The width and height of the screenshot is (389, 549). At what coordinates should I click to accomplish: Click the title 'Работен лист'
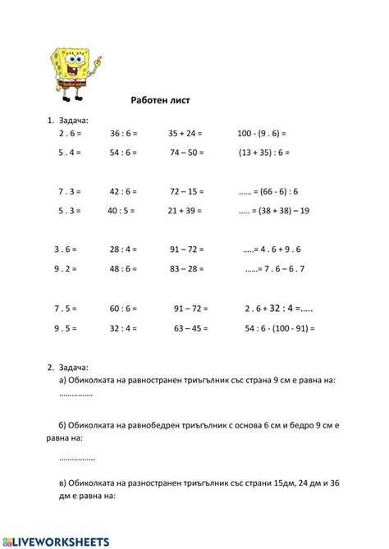pos(160,100)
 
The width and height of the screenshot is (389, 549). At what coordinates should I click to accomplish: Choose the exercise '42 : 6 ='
pos(123,191)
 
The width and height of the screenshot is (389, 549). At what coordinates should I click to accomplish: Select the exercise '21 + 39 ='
pos(186,210)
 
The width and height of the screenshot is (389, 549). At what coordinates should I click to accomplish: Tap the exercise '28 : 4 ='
pos(123,249)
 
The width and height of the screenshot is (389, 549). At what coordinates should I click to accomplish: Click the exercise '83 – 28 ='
pos(186,268)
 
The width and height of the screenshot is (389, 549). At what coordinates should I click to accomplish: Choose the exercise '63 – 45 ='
pos(190,328)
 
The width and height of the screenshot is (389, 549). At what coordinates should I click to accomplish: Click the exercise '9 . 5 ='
pos(66,328)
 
